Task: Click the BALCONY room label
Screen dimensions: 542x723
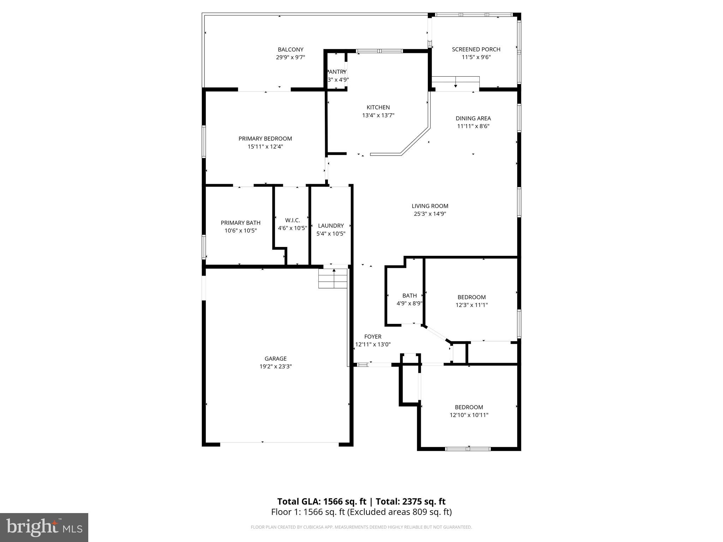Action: (290, 50)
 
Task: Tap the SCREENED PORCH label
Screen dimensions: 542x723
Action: (476, 49)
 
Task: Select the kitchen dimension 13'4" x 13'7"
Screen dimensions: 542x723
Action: (378, 115)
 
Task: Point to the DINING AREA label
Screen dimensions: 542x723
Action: (473, 119)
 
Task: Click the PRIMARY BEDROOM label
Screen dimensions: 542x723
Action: (265, 139)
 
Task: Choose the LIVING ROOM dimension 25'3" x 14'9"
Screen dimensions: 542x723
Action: (430, 214)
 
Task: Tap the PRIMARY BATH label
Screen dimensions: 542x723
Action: (240, 223)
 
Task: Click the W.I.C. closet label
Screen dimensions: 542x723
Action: (292, 220)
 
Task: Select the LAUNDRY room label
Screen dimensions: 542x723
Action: (331, 226)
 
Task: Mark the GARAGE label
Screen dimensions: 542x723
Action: (275, 359)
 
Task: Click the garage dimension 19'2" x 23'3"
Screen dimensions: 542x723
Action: (275, 367)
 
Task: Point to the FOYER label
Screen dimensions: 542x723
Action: (373, 337)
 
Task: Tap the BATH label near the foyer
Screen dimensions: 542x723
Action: (410, 296)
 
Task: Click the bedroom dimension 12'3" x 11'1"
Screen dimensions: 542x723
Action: (471, 305)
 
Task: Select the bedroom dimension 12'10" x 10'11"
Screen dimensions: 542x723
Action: (469, 415)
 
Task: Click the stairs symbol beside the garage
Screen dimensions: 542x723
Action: (333, 278)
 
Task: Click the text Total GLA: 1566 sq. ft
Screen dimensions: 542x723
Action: (322, 501)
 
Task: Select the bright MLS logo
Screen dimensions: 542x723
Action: (44, 527)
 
